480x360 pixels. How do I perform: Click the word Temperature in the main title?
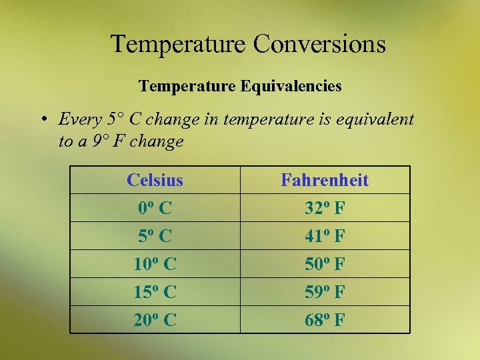178,45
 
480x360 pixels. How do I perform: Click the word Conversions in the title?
319,45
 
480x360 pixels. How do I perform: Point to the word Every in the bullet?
81,120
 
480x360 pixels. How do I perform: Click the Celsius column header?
155,180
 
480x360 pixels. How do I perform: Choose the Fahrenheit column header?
325,180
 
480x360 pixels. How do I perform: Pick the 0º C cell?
155,208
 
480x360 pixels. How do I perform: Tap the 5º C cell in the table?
155,236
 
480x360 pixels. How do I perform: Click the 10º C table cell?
155,264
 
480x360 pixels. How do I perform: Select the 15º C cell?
155,292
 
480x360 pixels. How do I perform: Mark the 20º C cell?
155,320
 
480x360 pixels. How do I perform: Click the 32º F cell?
325,208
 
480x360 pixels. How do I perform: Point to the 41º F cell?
325,236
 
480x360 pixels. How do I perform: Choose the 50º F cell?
325,264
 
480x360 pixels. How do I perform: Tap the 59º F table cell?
325,292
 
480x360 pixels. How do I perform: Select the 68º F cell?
325,320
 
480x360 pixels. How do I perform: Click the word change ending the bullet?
158,141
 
